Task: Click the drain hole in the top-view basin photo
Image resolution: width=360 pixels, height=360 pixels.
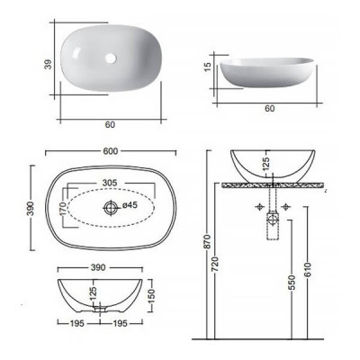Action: (x=111, y=58)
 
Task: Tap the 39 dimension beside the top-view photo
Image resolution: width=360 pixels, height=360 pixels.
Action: (x=49, y=64)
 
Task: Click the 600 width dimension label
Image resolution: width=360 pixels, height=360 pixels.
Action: (x=111, y=151)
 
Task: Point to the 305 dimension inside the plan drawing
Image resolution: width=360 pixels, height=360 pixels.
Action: (x=110, y=183)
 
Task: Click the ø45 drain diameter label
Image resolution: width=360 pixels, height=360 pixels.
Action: (x=130, y=205)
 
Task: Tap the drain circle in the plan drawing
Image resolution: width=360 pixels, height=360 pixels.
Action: (x=111, y=208)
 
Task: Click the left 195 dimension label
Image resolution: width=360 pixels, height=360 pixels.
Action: (x=76, y=323)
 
